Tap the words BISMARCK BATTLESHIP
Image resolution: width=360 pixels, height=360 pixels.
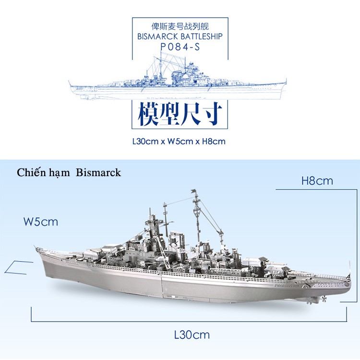pos(180,36)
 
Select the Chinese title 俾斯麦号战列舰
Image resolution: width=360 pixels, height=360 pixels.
pos(180,26)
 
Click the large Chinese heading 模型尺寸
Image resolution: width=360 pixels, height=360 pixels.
pos(180,114)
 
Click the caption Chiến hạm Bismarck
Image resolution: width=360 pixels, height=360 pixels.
pos(69,172)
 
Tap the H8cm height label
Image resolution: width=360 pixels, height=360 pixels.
pos(317,181)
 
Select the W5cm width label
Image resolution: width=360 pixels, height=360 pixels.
pos(41,222)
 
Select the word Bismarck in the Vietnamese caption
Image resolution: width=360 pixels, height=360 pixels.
pos(98,172)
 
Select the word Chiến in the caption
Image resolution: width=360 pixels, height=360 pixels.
pos(29,172)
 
